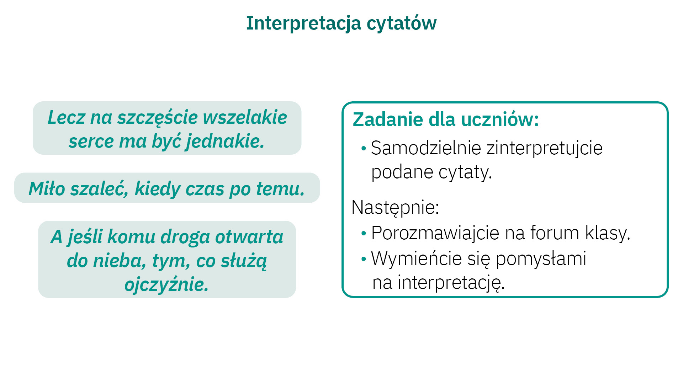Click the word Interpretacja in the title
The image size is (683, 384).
click(304, 23)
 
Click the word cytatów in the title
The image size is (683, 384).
click(402, 23)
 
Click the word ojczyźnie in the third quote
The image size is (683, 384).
click(166, 284)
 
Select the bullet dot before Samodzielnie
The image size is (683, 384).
click(364, 148)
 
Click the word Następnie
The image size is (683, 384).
click(395, 207)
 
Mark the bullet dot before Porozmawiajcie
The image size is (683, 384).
click(364, 234)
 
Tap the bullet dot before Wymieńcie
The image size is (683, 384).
click(364, 259)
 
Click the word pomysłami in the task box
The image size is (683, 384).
click(541, 259)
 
